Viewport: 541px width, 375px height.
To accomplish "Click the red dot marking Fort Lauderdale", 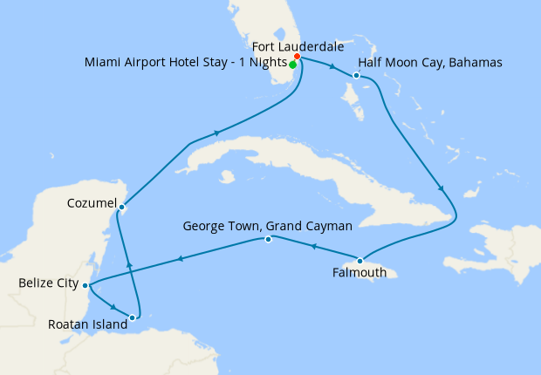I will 298,58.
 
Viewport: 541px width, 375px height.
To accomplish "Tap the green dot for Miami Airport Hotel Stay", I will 292,65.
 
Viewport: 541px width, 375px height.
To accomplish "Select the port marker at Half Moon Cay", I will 357,76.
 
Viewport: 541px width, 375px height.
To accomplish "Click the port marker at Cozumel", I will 122,207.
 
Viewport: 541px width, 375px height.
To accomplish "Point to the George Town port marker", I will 268,239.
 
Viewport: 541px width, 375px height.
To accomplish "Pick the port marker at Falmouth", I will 360,260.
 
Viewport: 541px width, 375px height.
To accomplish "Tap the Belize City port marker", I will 85,285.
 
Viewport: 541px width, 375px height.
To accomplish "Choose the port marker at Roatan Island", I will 133,317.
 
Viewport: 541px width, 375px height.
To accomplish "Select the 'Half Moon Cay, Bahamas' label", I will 430,63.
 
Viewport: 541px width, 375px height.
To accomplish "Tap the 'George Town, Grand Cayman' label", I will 267,225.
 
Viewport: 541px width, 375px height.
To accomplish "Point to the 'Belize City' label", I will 46,283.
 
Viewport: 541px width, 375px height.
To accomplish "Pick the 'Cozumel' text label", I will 92,202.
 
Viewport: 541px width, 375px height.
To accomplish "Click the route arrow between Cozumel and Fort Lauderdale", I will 215,133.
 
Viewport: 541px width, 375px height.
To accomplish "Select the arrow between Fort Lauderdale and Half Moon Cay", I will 332,67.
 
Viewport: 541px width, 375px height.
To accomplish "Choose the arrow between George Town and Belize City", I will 180,258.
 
